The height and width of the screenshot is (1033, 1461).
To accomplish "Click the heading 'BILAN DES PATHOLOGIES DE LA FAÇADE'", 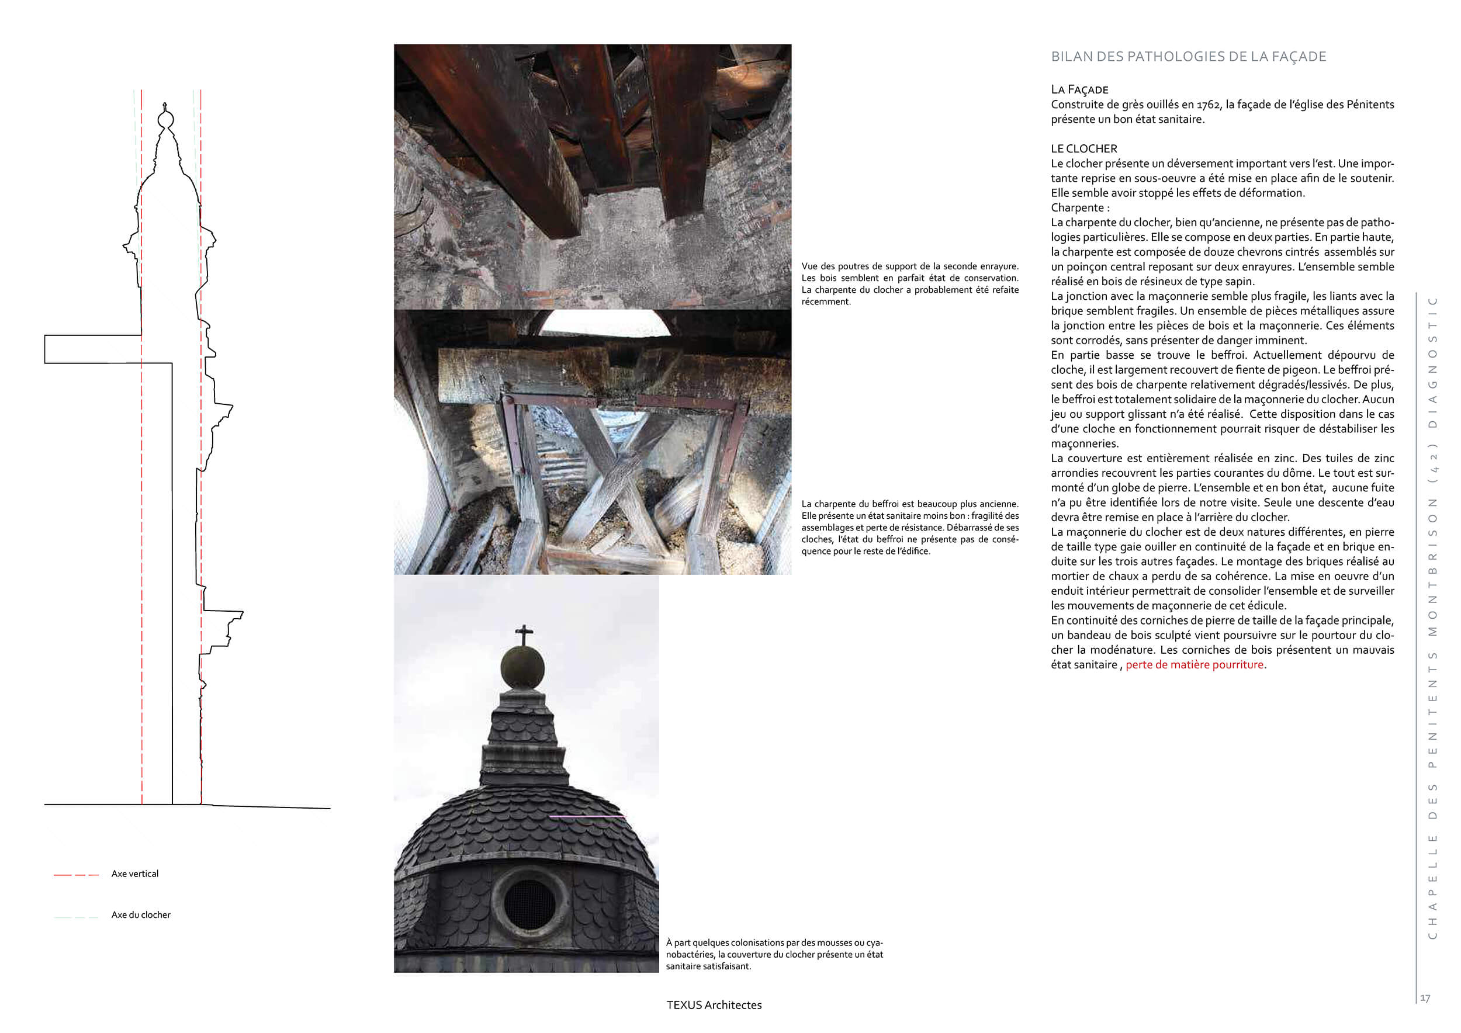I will pyautogui.click(x=1188, y=57).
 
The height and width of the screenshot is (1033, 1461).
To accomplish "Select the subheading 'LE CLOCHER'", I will pyautogui.click(x=1083, y=149).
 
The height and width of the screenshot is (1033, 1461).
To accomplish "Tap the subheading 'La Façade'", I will pyautogui.click(x=1079, y=90).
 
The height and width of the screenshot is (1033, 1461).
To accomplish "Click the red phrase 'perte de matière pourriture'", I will pyautogui.click(x=1195, y=665).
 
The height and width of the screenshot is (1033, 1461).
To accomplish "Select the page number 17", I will pyautogui.click(x=1425, y=999).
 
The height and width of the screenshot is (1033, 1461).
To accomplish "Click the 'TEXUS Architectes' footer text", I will pyautogui.click(x=714, y=1005).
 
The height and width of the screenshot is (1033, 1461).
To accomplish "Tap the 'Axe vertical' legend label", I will pyautogui.click(x=135, y=874).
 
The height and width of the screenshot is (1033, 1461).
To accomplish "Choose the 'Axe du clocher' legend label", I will pyautogui.click(x=141, y=915).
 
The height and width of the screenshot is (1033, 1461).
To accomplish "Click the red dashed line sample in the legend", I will pyautogui.click(x=77, y=875).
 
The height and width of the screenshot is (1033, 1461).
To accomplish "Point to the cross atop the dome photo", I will pyautogui.click(x=524, y=634).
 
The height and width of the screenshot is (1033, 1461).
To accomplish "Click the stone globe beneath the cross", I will pyautogui.click(x=522, y=667).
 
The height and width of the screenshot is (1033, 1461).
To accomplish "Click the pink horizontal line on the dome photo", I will pyautogui.click(x=586, y=816).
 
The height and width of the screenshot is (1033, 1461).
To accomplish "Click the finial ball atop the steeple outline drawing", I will pyautogui.click(x=165, y=119).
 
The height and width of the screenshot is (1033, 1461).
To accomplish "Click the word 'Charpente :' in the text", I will pyautogui.click(x=1080, y=208).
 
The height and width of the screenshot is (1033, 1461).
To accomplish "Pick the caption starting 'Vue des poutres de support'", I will pyautogui.click(x=909, y=284).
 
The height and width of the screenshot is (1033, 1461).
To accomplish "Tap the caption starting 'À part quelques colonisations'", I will pyautogui.click(x=774, y=954).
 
